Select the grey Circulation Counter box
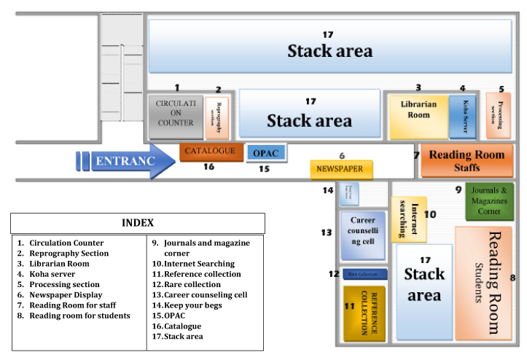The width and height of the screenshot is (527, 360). [x=175, y=117]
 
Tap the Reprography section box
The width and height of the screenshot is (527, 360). [x=217, y=117]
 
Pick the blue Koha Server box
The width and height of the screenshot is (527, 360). [x=462, y=117]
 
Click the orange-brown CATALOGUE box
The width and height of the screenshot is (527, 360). [x=210, y=152]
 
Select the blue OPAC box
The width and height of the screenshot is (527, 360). [x=266, y=153]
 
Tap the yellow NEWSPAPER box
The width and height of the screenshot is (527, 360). [x=340, y=169]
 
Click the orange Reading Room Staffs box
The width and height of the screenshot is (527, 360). [x=467, y=160]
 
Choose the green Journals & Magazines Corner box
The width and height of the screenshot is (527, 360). [x=490, y=201]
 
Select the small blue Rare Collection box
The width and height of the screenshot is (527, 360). [x=364, y=274]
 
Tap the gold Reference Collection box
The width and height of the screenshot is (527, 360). [x=364, y=312]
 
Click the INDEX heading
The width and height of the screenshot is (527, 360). [x=138, y=222]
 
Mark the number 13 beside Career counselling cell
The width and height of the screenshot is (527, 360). [x=327, y=232]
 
